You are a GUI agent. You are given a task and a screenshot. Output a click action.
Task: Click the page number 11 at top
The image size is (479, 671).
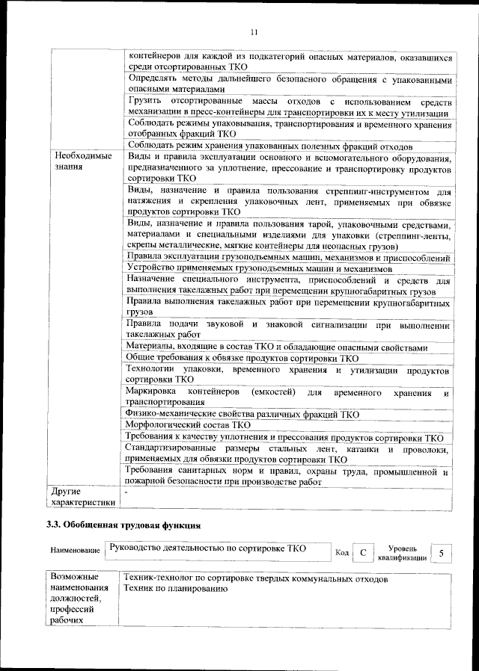pos(254,31)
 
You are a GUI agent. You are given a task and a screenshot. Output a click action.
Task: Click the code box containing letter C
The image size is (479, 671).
pos(362,553)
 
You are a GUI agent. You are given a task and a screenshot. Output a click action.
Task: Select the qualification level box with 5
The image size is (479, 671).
pos(442,553)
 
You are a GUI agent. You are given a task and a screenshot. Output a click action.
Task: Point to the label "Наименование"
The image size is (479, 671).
pos(76,551)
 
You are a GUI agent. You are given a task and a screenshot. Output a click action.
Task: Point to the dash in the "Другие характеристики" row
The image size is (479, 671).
pos(127,492)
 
